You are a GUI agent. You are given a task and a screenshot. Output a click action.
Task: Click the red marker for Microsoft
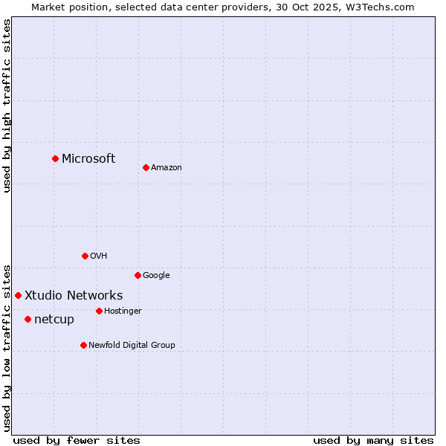(x=55, y=158)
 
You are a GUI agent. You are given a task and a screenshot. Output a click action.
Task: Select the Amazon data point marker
(x=146, y=167)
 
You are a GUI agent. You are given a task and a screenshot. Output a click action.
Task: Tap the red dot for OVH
(x=85, y=256)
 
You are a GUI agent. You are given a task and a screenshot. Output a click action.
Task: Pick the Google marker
(x=138, y=275)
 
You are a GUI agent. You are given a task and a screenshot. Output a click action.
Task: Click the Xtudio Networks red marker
(x=18, y=295)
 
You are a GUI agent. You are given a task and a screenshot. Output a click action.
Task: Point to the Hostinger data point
(x=99, y=311)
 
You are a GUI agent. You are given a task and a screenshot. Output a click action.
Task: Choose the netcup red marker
(x=28, y=319)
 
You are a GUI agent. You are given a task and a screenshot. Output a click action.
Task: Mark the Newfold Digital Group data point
(x=83, y=345)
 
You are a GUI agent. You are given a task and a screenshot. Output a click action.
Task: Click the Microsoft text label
(x=88, y=158)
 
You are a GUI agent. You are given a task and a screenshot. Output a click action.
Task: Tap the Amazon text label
(x=167, y=167)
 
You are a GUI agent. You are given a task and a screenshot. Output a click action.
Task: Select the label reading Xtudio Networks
(x=74, y=295)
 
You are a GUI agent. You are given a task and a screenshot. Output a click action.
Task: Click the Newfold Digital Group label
(x=132, y=345)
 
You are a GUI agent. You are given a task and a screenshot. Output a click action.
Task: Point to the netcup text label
(x=54, y=320)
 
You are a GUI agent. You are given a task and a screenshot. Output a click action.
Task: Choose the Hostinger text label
(x=123, y=311)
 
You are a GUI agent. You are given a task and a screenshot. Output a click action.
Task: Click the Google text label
(x=156, y=275)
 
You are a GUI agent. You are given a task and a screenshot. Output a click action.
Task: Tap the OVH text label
(x=98, y=256)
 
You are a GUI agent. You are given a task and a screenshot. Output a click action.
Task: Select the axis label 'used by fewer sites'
(x=77, y=440)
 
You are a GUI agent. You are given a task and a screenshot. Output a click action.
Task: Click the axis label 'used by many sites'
(x=373, y=440)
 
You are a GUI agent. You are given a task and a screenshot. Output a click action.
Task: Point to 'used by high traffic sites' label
(x=7, y=106)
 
